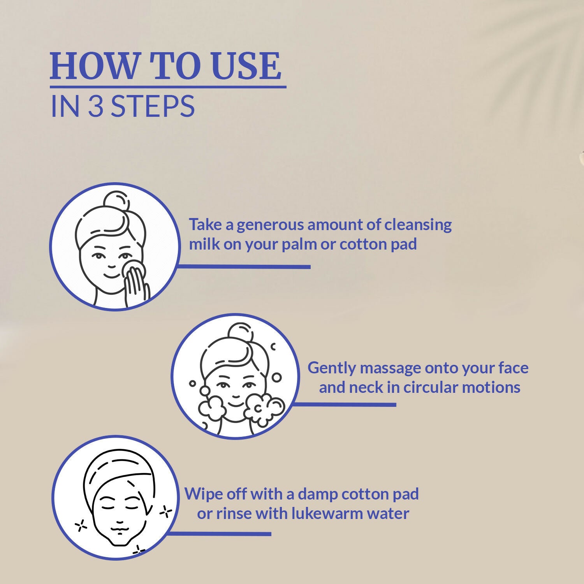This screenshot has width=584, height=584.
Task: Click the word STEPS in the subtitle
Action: tap(153, 106)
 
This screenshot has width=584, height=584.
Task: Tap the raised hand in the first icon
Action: tap(136, 286)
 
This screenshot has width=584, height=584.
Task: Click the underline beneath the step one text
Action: tap(244, 267)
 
